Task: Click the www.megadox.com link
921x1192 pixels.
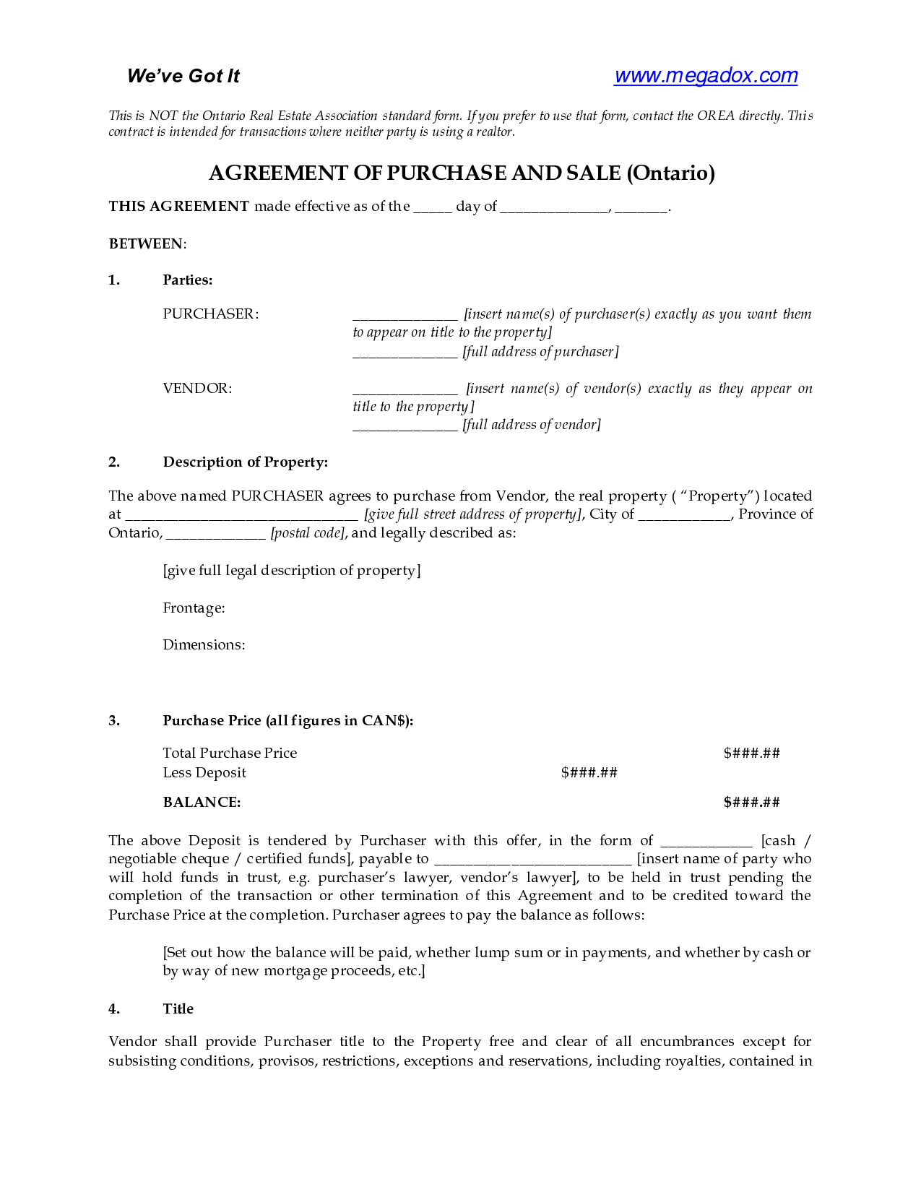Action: pos(705,76)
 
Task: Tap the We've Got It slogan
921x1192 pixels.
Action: pos(183,76)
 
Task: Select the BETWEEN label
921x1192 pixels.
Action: pos(147,244)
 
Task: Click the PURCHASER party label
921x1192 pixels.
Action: pos(210,314)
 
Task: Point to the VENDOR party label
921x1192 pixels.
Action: pos(197,389)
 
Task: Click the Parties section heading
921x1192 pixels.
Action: pos(188,280)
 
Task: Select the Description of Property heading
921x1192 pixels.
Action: pos(245,462)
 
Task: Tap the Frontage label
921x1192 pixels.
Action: pos(194,608)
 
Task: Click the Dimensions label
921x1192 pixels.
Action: pos(204,645)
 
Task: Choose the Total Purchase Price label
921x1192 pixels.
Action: pos(230,753)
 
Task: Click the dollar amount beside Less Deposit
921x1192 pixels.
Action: pos(589,773)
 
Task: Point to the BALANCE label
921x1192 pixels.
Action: pos(202,803)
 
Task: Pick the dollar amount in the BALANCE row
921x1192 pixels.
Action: pos(751,803)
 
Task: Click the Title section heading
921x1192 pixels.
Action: pos(178,1009)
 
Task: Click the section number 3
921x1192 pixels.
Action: pos(114,721)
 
